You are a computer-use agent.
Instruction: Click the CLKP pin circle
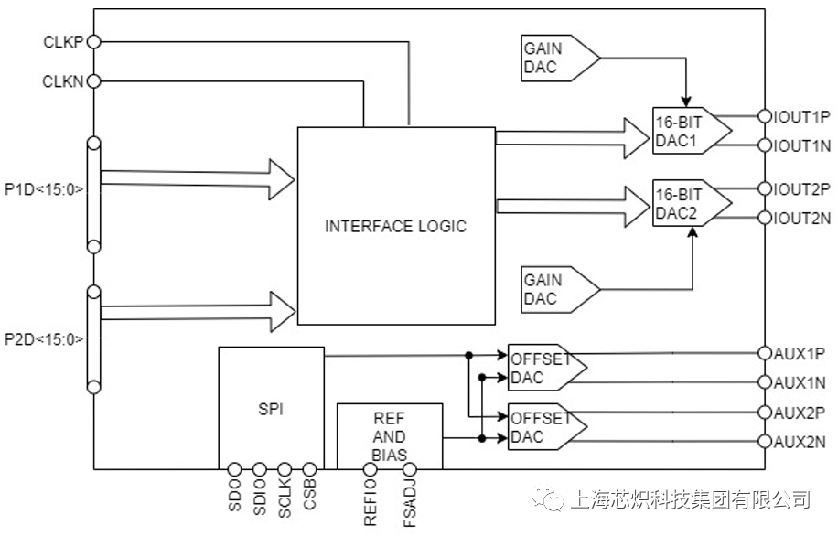tap(93, 41)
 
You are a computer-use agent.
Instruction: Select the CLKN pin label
tap(62, 81)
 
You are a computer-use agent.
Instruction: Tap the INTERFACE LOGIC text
tap(395, 226)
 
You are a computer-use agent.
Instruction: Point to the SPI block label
tap(271, 409)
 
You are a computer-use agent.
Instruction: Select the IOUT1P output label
tap(802, 116)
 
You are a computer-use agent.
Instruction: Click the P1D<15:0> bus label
tap(44, 190)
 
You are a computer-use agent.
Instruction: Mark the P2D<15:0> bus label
tap(44, 339)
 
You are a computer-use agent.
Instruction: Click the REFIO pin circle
tap(370, 470)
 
